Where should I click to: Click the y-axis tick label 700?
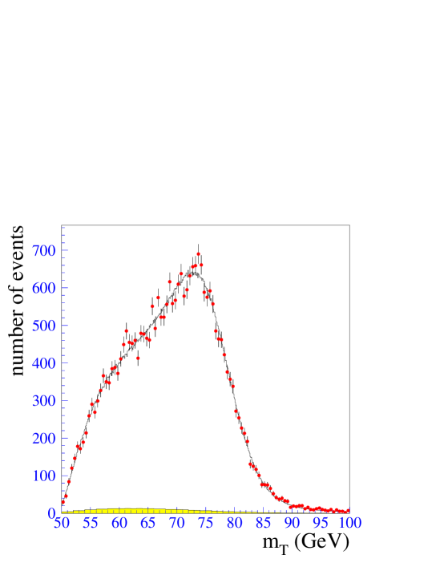tap(43, 251)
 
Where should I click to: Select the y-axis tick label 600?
tap(43, 289)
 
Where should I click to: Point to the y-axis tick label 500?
tap(43, 326)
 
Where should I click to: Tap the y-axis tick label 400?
tap(43, 363)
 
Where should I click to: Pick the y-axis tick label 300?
tap(43, 401)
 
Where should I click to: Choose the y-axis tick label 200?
tap(43, 439)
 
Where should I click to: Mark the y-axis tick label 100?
tap(43, 476)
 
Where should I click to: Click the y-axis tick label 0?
tap(51, 513)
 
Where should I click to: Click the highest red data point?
tap(198, 253)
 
